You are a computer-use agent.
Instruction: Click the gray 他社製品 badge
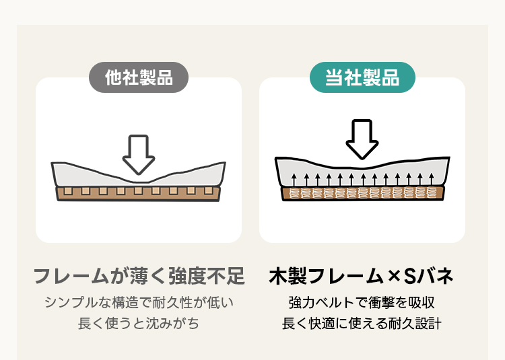pyautogui.click(x=139, y=77)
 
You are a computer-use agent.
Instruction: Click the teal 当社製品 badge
pyautogui.click(x=362, y=77)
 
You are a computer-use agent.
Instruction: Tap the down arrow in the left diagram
pyautogui.click(x=139, y=154)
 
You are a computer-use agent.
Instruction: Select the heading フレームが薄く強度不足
pyautogui.click(x=139, y=276)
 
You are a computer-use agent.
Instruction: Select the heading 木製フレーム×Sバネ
pyautogui.click(x=362, y=276)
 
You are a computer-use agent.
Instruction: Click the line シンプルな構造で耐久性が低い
pyautogui.click(x=139, y=302)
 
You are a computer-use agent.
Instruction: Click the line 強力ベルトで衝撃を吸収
pyautogui.click(x=362, y=302)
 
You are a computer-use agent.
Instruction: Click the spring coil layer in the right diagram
pyautogui.click(x=362, y=194)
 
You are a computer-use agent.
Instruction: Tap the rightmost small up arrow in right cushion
pyautogui.click(x=432, y=179)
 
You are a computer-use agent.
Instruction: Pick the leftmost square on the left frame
pyautogui.click(x=68, y=192)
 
